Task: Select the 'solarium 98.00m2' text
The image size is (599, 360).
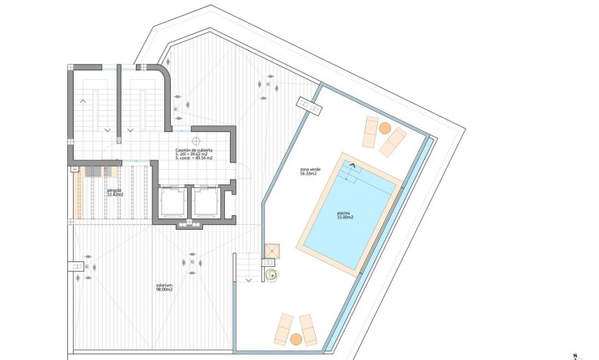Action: point(164,286)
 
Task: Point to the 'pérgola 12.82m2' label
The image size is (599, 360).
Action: point(114,193)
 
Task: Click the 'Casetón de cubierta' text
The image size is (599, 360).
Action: point(194,151)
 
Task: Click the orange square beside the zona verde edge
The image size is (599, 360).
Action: point(271,251)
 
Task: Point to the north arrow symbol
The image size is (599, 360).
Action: point(572,354)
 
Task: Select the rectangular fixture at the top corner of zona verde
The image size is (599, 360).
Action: point(308,104)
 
